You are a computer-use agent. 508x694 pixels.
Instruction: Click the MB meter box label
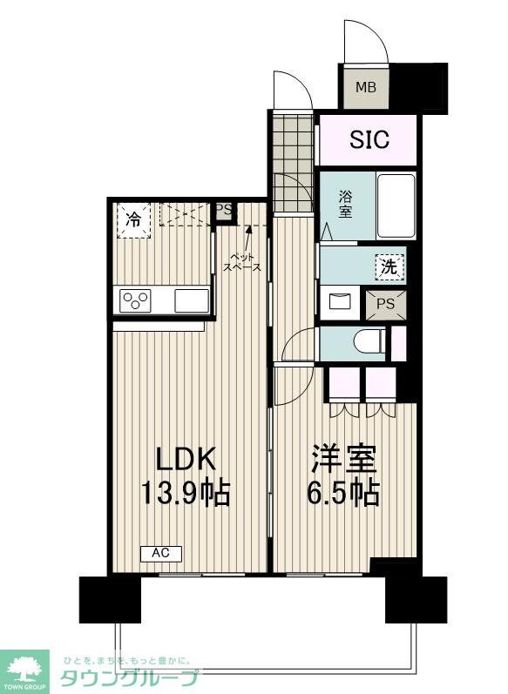click(x=366, y=88)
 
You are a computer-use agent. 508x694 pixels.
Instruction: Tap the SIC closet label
click(x=370, y=140)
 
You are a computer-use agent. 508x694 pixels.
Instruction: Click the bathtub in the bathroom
click(x=396, y=205)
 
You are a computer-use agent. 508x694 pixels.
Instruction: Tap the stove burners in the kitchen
click(x=137, y=301)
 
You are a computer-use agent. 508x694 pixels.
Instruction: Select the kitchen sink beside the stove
click(x=191, y=301)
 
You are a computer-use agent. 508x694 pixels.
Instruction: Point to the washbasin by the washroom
click(x=338, y=303)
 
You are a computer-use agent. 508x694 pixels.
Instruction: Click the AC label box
click(x=160, y=553)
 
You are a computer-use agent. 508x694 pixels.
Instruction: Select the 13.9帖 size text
click(x=186, y=494)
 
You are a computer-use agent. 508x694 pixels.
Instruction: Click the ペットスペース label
click(x=243, y=262)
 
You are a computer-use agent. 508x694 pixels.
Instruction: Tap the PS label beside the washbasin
click(x=384, y=304)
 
